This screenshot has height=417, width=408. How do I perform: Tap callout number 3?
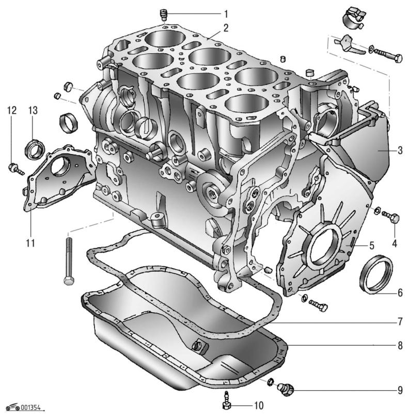click(400, 151)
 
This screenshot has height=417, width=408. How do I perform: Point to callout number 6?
click(400, 292)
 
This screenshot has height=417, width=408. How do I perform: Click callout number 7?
click(400, 321)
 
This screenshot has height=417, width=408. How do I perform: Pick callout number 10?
click(259, 405)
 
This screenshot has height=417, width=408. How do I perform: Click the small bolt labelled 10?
click(226, 400)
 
